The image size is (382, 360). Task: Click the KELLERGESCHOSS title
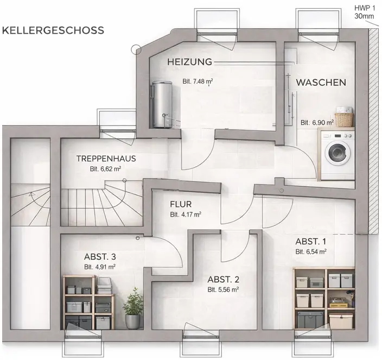pos(53,30)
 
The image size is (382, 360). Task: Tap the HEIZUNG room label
pos(189,62)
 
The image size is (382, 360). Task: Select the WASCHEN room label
pos(321,83)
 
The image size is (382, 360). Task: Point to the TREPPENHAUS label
pos(106,159)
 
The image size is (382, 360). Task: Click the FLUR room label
pos(181,204)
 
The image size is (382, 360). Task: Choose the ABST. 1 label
pos(310,242)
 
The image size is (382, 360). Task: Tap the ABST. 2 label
pos(223,280)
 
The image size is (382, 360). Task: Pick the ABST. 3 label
pos(100,257)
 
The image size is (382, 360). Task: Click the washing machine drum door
pos(337,153)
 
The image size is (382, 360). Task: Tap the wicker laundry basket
pos(344,120)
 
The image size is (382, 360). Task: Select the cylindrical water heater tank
pos(161,104)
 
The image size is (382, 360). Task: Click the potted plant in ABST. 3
pos(133,308)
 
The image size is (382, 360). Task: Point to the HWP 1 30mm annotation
pos(365,12)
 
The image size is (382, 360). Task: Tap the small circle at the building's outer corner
pos(136,50)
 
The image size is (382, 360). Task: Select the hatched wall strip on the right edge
pos(372,131)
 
